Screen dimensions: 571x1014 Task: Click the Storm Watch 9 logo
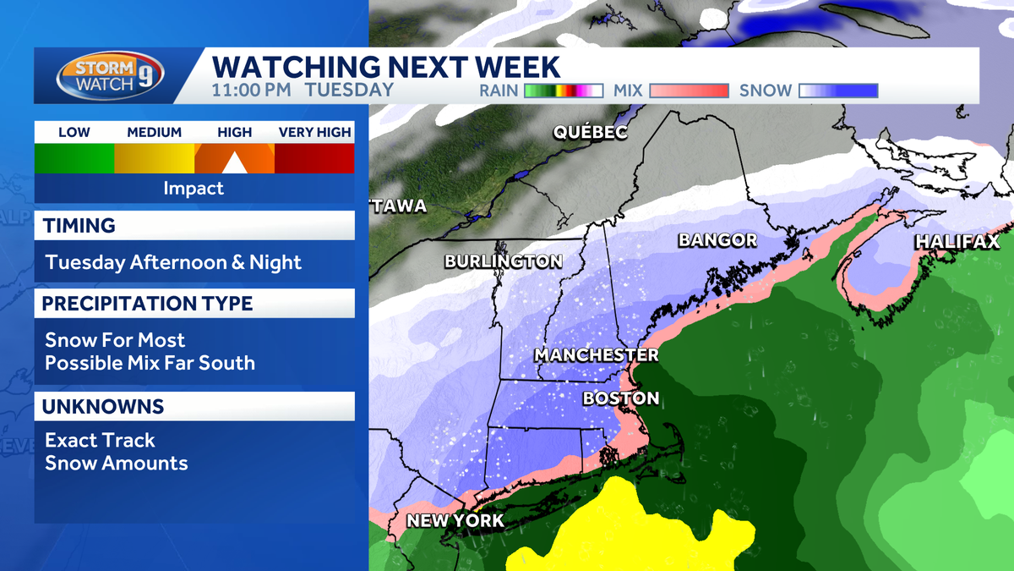click(110, 75)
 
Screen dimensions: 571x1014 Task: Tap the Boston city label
click(621, 398)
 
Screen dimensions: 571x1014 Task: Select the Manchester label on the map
click(596, 354)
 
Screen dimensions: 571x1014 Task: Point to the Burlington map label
click(504, 261)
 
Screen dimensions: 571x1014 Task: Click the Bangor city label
click(717, 240)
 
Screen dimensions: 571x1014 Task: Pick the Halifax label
click(957, 243)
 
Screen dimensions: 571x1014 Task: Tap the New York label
click(455, 520)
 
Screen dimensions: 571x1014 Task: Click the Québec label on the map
click(591, 132)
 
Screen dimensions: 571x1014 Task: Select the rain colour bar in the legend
click(563, 91)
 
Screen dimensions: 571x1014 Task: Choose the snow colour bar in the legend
click(838, 91)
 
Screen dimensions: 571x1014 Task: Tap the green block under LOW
click(74, 158)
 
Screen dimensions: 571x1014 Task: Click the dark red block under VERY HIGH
click(314, 158)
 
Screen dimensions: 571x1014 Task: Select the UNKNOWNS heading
click(103, 407)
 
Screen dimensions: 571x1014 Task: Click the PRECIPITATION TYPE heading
click(147, 303)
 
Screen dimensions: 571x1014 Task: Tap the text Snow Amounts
click(116, 463)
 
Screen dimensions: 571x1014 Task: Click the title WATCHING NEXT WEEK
click(385, 65)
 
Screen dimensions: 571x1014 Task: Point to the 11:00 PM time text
click(251, 90)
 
